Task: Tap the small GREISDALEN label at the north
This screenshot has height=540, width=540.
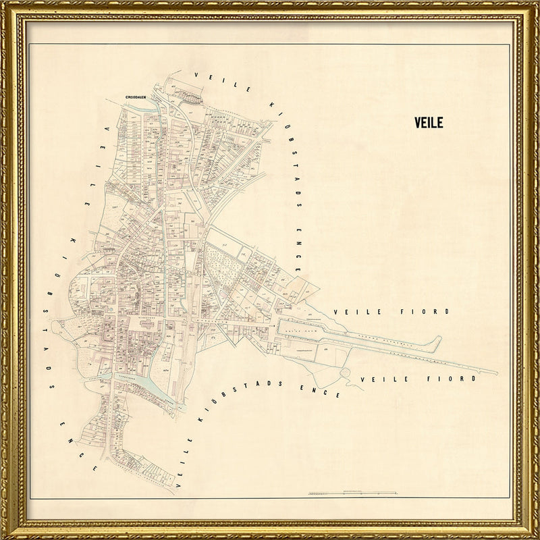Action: pyautogui.click(x=137, y=97)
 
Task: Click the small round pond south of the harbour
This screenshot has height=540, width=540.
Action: pyautogui.click(x=346, y=373)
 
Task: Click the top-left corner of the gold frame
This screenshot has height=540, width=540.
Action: pyautogui.click(x=5, y=5)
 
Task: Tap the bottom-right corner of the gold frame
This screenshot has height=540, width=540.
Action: pyautogui.click(x=535, y=535)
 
